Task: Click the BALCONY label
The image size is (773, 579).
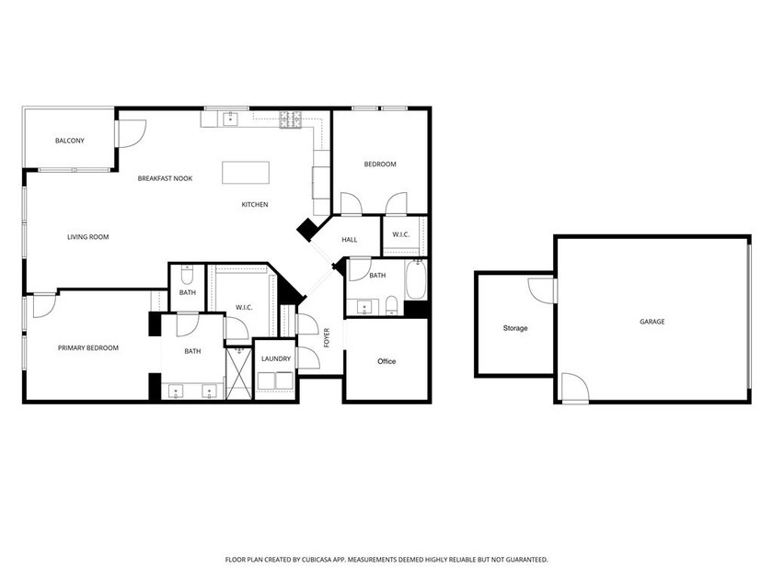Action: (70, 141)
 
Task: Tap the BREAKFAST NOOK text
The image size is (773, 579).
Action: (165, 177)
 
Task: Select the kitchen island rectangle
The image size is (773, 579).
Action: (246, 173)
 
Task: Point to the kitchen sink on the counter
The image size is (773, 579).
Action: (227, 118)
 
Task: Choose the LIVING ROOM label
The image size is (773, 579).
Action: (88, 237)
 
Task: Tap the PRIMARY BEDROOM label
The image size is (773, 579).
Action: (88, 348)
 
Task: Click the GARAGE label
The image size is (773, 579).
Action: (652, 322)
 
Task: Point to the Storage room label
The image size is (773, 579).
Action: (515, 328)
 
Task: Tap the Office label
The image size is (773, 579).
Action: (386, 361)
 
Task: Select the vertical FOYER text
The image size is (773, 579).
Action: (327, 337)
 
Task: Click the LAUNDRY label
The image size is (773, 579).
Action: (276, 358)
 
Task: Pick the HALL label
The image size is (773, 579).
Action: (350, 240)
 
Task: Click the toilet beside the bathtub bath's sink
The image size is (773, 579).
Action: (390, 305)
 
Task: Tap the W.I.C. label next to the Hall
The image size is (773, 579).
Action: (401, 234)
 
